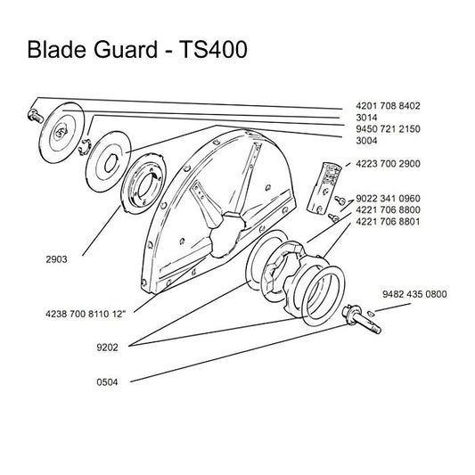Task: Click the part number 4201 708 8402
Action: (388, 106)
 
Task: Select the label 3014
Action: (366, 118)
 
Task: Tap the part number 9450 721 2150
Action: (388, 129)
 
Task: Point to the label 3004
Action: (366, 141)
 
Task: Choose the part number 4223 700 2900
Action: (388, 164)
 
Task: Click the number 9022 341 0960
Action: (388, 199)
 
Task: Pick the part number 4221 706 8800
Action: (388, 210)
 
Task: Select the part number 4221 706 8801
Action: (388, 221)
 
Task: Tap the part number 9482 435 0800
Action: (414, 294)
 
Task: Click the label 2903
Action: (56, 259)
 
